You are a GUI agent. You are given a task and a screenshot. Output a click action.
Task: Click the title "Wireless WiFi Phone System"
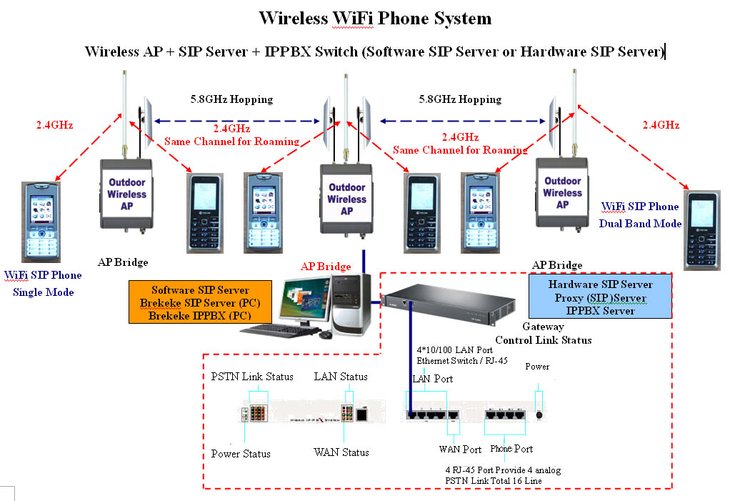(374, 18)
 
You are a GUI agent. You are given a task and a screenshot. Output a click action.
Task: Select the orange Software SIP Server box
(200, 303)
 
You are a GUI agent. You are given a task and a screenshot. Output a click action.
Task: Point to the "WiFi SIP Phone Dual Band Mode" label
(640, 214)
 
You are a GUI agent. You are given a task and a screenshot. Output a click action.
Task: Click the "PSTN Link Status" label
(252, 377)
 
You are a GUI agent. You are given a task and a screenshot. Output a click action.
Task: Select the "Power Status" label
(241, 454)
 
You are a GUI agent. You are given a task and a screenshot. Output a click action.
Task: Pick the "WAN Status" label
(341, 452)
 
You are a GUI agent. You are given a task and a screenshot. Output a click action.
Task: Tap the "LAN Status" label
(341, 377)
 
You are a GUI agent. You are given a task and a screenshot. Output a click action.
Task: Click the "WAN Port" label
(460, 450)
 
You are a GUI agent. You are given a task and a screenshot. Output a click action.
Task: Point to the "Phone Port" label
(511, 450)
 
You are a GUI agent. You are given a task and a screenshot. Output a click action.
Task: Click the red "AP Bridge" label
(326, 267)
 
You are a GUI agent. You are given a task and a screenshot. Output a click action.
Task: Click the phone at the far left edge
(41, 222)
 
